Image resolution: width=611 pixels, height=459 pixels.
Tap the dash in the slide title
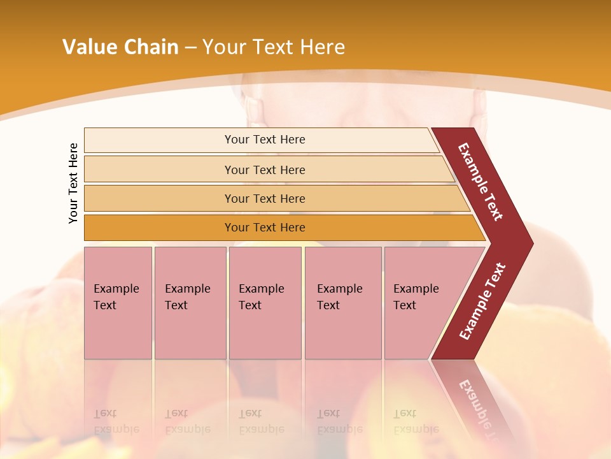(x=190, y=47)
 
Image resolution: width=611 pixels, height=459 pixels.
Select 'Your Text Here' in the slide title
(x=274, y=47)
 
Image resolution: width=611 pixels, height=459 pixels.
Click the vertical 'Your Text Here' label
(x=73, y=183)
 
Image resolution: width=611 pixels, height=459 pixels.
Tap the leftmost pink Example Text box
(x=118, y=303)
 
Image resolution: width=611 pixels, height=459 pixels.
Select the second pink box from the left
(x=190, y=303)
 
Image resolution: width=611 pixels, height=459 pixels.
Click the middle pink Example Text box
(x=265, y=303)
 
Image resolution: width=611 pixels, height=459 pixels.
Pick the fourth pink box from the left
(x=342, y=303)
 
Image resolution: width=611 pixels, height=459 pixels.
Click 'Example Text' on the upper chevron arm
(x=481, y=182)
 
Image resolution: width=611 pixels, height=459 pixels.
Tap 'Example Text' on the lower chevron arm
(x=482, y=301)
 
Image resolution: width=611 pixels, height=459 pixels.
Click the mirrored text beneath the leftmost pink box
(x=116, y=421)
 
